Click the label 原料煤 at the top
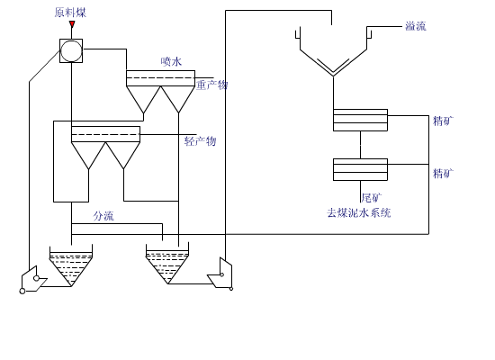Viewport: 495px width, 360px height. click(70, 13)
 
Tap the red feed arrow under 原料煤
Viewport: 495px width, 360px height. click(72, 25)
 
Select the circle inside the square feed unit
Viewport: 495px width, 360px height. click(71, 50)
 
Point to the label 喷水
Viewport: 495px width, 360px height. click(171, 61)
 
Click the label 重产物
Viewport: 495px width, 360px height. click(212, 85)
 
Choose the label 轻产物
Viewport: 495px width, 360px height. click(200, 141)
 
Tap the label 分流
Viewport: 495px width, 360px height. click(103, 216)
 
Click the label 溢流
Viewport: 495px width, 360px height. click(415, 26)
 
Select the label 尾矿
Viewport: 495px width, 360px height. click(371, 197)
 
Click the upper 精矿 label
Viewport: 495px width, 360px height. click(443, 121)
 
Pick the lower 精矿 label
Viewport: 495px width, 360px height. click(443, 174)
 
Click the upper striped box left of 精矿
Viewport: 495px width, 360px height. click(360, 121)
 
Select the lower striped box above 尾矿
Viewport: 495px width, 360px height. click(360, 169)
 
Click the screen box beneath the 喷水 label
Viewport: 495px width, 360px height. click(160, 79)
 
